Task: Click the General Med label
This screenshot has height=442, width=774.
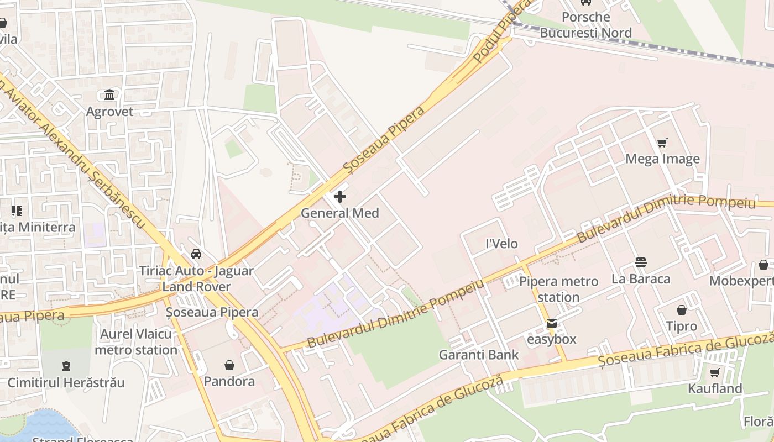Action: tap(339, 213)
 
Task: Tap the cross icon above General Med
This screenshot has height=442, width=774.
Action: tap(340, 197)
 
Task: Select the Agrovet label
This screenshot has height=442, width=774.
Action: tap(109, 112)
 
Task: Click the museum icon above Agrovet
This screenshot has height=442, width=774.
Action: tap(109, 95)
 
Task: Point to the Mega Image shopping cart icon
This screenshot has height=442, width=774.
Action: tap(662, 143)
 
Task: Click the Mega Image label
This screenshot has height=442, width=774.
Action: tap(662, 159)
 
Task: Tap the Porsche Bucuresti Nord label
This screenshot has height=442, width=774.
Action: tap(585, 25)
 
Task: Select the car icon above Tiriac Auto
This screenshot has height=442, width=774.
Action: tap(196, 254)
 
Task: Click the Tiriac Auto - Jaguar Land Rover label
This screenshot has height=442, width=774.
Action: tap(196, 279)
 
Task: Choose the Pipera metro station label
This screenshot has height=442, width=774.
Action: tap(558, 289)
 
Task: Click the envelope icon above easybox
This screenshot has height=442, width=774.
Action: tap(551, 323)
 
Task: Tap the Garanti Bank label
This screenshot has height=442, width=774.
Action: tap(479, 355)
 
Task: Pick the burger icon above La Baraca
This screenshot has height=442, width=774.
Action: tap(641, 262)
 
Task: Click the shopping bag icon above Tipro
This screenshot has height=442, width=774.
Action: tap(681, 310)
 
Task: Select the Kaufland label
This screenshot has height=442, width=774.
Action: tap(714, 388)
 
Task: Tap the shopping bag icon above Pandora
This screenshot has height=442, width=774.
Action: tap(229, 365)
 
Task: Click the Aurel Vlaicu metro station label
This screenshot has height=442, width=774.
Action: tap(136, 342)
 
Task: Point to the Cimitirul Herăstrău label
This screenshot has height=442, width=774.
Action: tap(66, 382)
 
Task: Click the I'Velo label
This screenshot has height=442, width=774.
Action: tap(501, 244)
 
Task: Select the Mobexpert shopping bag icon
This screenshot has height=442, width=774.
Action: tap(763, 265)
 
